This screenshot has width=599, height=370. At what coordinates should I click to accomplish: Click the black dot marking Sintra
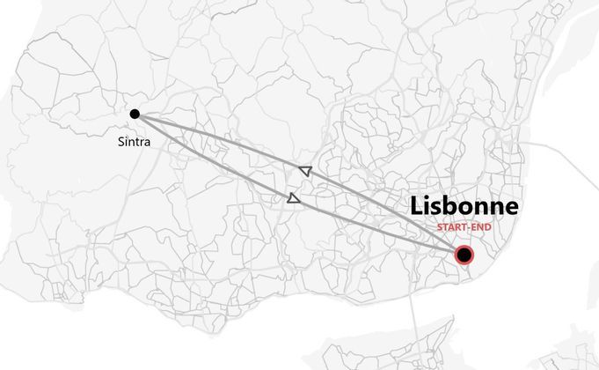(x=135, y=114)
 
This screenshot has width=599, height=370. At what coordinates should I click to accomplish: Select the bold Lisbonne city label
(x=464, y=207)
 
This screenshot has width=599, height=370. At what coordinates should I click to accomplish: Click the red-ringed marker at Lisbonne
(x=464, y=255)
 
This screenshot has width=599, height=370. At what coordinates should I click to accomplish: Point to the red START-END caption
(x=464, y=227)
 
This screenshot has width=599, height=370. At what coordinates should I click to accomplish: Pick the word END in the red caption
(x=480, y=227)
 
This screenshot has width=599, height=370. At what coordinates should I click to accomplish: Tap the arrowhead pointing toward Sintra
(x=305, y=171)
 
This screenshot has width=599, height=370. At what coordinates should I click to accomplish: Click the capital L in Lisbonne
(x=416, y=207)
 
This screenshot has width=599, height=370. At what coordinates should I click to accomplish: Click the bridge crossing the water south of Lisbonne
(x=413, y=304)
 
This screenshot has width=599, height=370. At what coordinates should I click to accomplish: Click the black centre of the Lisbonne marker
(x=464, y=255)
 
